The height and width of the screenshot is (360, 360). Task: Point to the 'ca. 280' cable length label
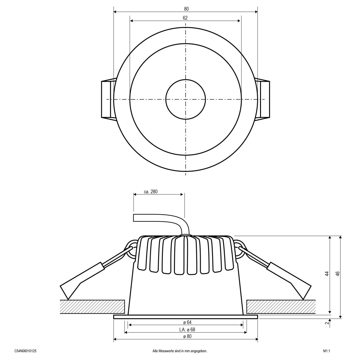click(x=151, y=192)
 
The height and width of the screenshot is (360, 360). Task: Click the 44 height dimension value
click(x=327, y=274)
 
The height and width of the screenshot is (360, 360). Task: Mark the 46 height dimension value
click(x=337, y=274)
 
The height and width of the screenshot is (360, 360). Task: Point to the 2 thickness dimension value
click(x=327, y=323)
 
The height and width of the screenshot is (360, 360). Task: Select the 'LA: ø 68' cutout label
click(x=186, y=329)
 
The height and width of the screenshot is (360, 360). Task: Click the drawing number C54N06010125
click(x=25, y=351)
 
